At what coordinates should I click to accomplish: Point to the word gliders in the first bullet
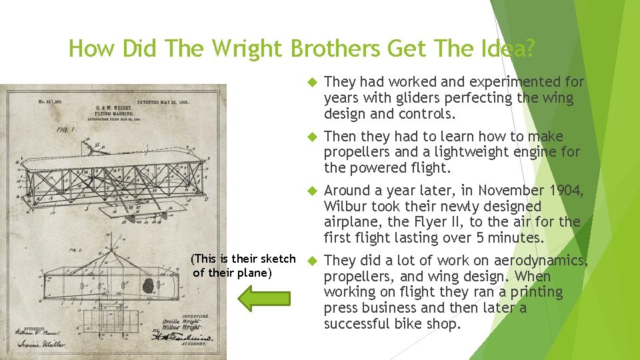tap(399, 98)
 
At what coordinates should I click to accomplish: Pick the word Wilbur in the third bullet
tap(345, 207)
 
